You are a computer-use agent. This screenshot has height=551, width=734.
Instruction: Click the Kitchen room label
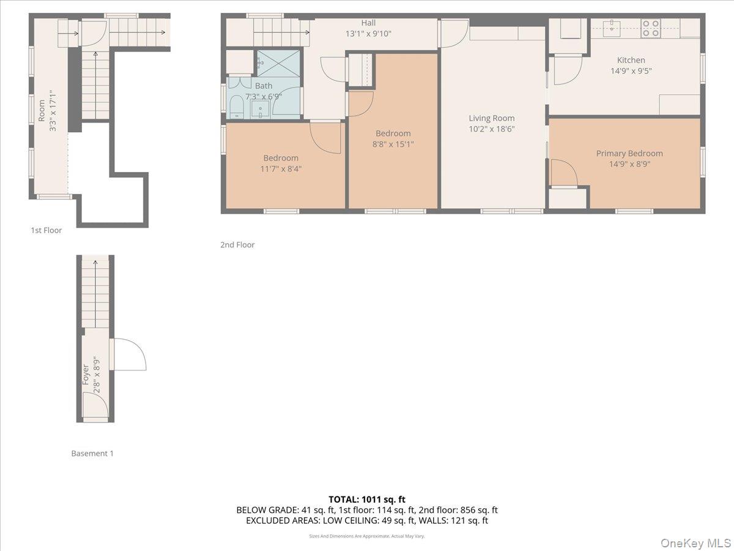pos(631,60)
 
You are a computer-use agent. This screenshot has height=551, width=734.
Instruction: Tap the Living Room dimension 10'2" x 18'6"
pos(492,129)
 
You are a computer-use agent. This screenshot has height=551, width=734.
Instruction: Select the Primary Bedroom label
pos(629,153)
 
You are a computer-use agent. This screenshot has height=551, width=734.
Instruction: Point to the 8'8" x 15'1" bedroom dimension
pos(393,144)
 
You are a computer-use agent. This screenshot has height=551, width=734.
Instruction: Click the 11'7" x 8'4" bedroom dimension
pos(281,169)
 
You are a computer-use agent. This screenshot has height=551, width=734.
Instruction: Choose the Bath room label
pos(264,86)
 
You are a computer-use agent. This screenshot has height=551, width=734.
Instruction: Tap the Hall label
pos(368,23)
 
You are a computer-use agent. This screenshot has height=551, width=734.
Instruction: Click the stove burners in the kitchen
pos(650,28)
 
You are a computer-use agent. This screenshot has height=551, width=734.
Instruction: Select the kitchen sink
pos(611,26)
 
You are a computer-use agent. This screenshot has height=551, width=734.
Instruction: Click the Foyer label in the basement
pos(86,374)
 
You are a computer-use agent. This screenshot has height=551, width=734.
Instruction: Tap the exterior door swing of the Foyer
pos(130,355)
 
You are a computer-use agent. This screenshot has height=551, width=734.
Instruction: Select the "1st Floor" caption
pos(46,230)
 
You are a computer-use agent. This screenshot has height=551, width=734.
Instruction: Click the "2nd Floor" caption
pos(237,244)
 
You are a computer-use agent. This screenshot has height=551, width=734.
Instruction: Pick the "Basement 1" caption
pos(92,454)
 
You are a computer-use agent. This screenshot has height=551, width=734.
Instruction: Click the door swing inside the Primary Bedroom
pos(564,173)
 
